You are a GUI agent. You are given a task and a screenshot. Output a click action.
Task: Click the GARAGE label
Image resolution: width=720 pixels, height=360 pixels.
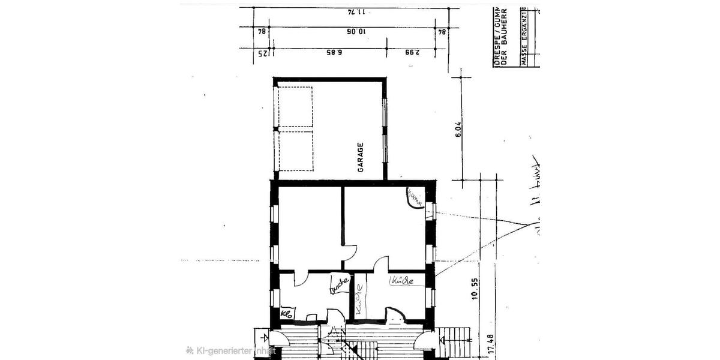[361, 157]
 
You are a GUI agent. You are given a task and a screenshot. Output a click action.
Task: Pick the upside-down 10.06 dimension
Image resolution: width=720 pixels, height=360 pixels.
[353, 31]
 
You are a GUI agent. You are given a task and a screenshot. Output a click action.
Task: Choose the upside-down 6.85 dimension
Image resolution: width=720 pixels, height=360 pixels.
[334, 53]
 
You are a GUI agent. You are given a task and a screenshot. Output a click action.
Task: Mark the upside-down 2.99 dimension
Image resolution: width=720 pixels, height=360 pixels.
[411, 53]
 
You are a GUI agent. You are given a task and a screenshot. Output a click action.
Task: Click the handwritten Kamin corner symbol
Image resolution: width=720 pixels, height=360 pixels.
[414, 197]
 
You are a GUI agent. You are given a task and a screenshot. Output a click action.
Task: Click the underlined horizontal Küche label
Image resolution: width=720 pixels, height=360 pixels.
[401, 281]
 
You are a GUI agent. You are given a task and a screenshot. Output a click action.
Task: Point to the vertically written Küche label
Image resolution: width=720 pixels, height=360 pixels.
[359, 299]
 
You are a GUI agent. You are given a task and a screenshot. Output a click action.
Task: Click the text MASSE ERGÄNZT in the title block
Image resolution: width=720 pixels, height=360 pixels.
[524, 36]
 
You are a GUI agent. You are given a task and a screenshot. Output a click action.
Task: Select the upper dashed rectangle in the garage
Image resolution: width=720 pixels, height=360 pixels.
[295, 107]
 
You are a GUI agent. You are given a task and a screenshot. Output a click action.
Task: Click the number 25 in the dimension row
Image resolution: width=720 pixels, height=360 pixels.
[262, 53]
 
